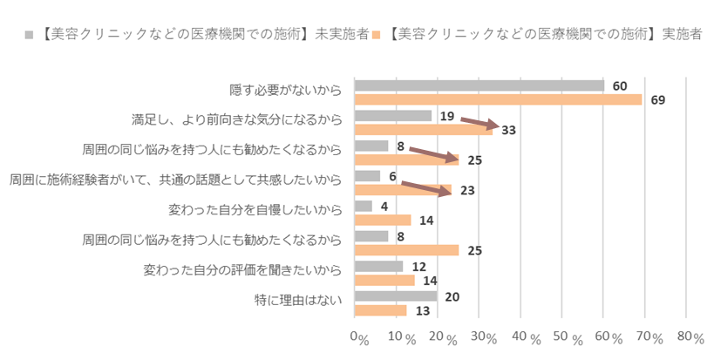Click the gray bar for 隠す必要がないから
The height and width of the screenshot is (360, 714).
pyautogui.click(x=479, y=85)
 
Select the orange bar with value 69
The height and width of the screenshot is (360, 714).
pyautogui.click(x=498, y=99)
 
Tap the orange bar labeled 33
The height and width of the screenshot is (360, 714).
pyautogui.click(x=424, y=130)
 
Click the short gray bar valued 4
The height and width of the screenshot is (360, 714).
pyautogui.click(x=364, y=206)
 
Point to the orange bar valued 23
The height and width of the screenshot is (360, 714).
pyautogui.click(x=403, y=190)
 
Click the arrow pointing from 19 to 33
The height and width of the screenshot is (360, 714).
pyautogui.click(x=479, y=123)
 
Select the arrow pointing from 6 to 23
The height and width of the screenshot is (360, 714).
pyautogui.click(x=426, y=186)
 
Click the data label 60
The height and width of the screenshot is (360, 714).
pyautogui.click(x=620, y=86)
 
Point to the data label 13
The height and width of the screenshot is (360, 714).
pyautogui.click(x=422, y=311)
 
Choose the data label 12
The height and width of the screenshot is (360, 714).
pyautogui.click(x=418, y=266)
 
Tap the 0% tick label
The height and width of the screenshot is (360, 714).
pyautogui.click(x=358, y=337)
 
